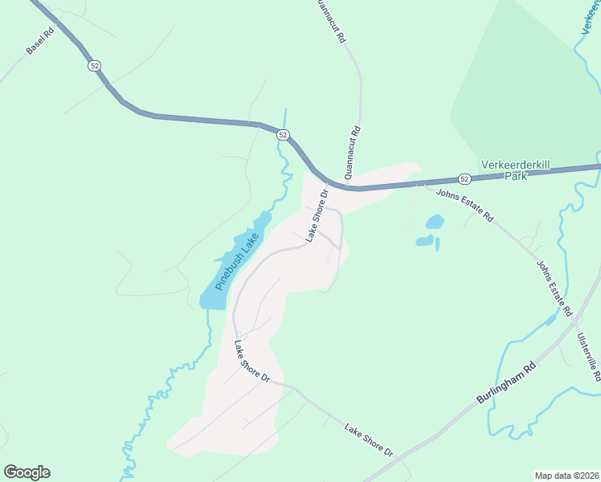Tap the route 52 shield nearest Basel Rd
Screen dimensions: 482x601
pyautogui.click(x=95, y=66)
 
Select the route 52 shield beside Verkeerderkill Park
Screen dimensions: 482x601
pyautogui.click(x=465, y=178)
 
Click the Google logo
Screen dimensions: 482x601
pyautogui.click(x=27, y=472)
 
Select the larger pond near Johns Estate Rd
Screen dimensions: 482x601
pyautogui.click(x=434, y=221)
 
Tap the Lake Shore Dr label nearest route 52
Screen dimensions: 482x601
pyautogui.click(x=317, y=215)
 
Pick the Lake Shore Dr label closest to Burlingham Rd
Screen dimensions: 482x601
pyautogui.click(x=369, y=440)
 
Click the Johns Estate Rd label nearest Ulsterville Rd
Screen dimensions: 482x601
pyautogui.click(x=554, y=287)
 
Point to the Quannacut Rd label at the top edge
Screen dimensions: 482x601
pyautogui.click(x=331, y=20)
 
